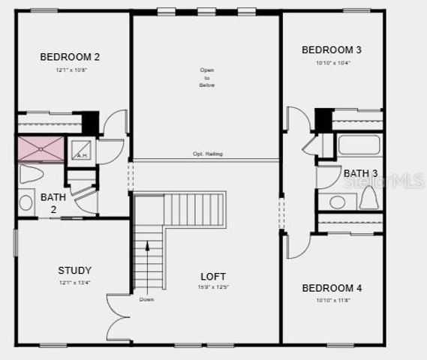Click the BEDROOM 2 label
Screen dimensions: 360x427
(70, 56)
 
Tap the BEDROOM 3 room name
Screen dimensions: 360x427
(332, 50)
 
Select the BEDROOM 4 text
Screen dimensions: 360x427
(332, 288)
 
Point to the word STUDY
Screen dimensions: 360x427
(75, 270)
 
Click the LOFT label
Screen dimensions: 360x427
(213, 276)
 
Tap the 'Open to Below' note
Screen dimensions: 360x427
(207, 78)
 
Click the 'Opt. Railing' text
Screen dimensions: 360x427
(208, 154)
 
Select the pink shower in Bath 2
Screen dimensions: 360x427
(41, 148)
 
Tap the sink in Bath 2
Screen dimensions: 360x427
(26, 202)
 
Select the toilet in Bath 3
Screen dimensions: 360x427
(368, 198)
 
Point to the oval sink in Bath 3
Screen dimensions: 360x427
(337, 202)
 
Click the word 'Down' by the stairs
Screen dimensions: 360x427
(146, 299)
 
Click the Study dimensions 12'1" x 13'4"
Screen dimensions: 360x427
(75, 283)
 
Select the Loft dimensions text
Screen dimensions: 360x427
(213, 287)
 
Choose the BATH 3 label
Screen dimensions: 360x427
(360, 173)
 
